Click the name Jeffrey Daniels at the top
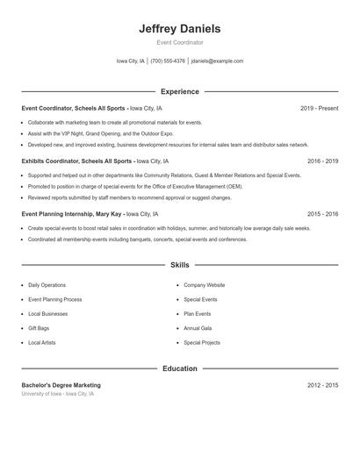pos(179,29)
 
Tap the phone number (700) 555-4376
pos(168,61)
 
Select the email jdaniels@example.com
pos(217,61)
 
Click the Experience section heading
pos(179,91)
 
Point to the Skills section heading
pos(179,264)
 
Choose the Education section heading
pos(179,368)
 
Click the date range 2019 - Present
pos(319,109)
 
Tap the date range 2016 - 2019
pos(322,161)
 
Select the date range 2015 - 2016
pos(322,214)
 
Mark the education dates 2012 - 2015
pos(322,385)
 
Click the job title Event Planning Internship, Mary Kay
pos(72,214)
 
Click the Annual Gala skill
pos(198,328)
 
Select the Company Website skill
pos(204,285)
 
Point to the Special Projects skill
pos(202,342)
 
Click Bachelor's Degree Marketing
pos(61,385)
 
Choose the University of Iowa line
pos(57,394)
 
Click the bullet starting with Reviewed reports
pos(129,197)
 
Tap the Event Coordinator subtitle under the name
pos(179,42)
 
